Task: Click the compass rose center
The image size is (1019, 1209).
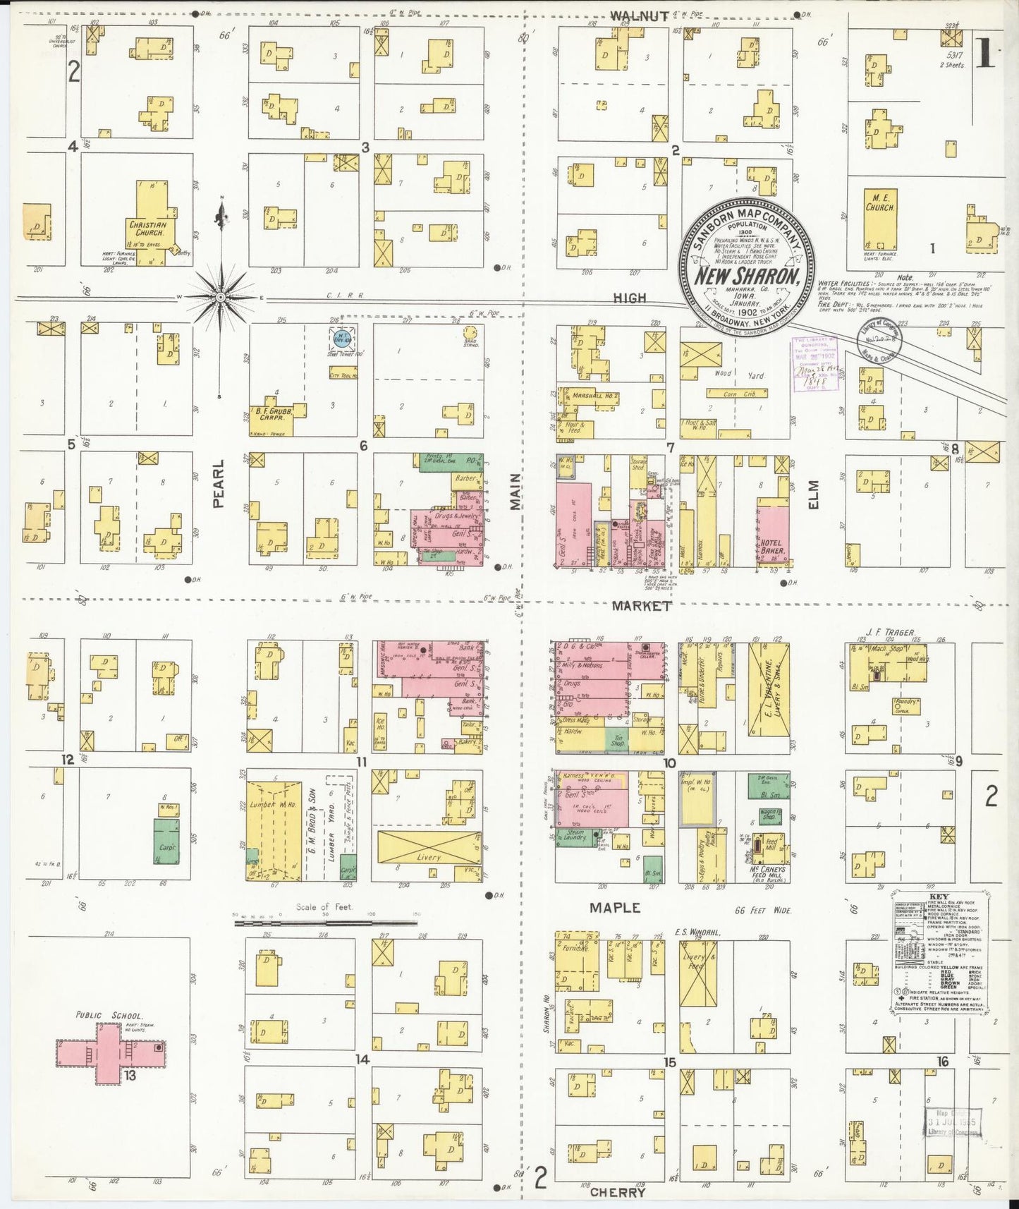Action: point(221,298)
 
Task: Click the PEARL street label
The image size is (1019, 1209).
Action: point(218,484)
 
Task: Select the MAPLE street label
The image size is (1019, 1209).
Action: point(615,909)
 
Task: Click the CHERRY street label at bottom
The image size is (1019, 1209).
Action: point(617,1193)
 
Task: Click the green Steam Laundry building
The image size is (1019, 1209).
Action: point(575,837)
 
